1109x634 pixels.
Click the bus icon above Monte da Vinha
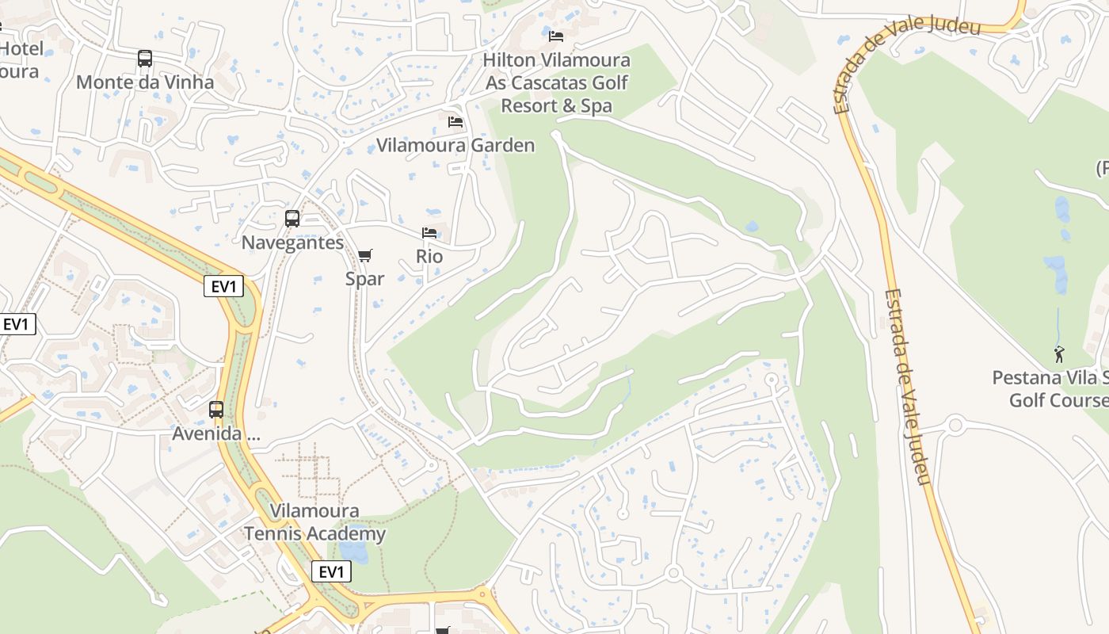coord(144,59)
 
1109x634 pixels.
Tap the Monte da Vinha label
coord(144,82)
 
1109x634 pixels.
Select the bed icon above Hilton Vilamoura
coord(556,36)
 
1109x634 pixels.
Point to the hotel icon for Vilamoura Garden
coord(455,121)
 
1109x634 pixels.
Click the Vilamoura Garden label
coord(455,145)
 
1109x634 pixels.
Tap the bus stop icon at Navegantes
coord(292,219)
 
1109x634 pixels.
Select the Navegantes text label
coord(292,243)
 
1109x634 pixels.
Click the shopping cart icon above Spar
coord(364,255)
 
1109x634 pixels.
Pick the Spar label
coord(364,279)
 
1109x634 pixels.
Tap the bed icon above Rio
coord(429,233)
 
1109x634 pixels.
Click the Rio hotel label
coord(429,257)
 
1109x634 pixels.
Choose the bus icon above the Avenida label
coord(216,410)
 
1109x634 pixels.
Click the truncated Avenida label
coord(216,434)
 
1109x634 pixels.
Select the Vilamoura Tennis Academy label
coord(314,522)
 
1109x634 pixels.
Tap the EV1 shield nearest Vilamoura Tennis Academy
coord(331,571)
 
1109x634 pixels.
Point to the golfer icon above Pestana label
coord(1059,354)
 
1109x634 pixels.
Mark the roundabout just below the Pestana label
coord(955,425)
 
